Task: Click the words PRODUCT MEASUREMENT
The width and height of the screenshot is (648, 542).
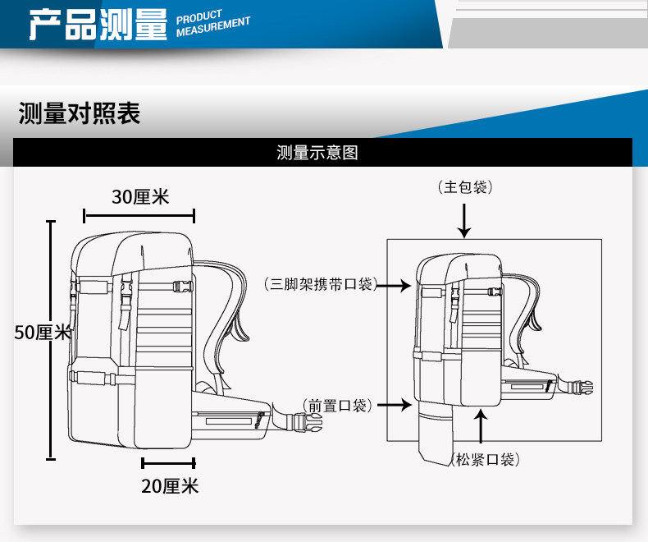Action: [x=212, y=25]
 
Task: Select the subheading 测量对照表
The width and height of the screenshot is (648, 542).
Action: [x=79, y=113]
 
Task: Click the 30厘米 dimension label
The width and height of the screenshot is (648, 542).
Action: [x=139, y=197]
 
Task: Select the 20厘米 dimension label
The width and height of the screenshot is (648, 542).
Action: [x=170, y=486]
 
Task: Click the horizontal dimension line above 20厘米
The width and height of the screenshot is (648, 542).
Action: [x=168, y=462]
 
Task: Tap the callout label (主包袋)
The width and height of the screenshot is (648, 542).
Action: [x=465, y=188]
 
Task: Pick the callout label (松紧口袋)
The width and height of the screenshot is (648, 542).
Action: [x=485, y=460]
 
